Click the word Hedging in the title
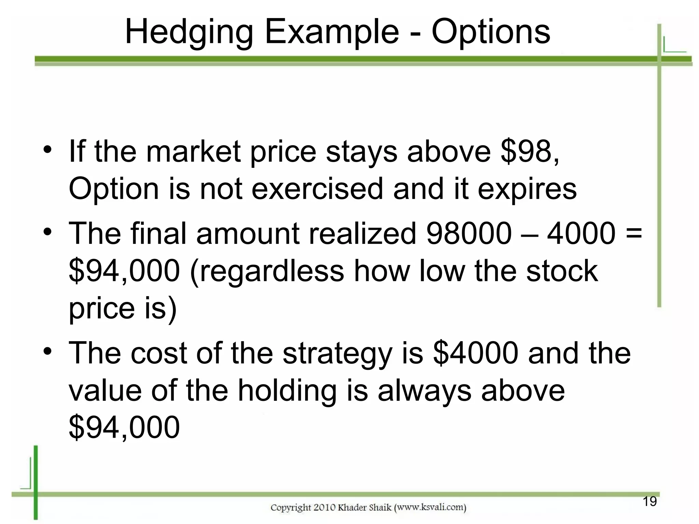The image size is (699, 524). point(189,32)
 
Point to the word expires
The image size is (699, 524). point(527,190)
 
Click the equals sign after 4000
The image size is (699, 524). point(634,234)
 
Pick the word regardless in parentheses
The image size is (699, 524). point(267,271)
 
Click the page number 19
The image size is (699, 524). point(650,501)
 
